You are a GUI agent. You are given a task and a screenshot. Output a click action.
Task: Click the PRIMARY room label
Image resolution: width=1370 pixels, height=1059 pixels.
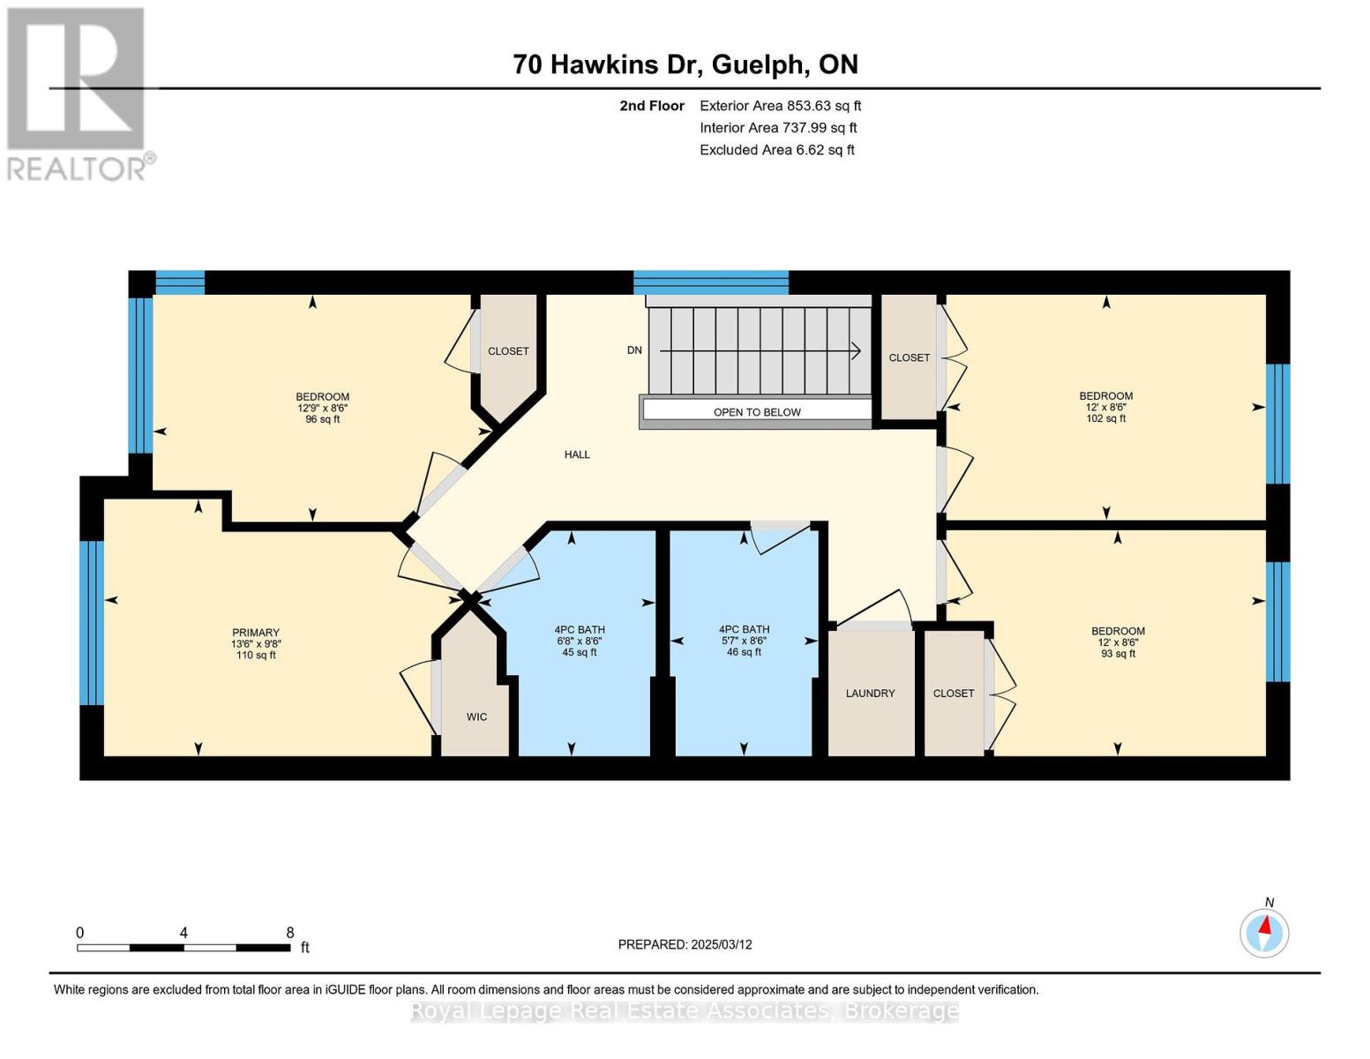[x=256, y=633]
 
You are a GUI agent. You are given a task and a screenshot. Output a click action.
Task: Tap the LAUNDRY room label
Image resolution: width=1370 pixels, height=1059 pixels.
[x=870, y=694]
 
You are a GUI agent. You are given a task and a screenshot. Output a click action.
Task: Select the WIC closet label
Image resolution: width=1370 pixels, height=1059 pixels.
[x=476, y=717]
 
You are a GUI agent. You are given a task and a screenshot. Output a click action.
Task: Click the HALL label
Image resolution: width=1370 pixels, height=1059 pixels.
[x=577, y=454]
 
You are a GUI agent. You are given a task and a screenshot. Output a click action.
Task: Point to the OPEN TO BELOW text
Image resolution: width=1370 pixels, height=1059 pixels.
[x=757, y=412]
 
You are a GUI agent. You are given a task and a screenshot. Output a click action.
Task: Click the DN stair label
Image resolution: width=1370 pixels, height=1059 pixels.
[x=634, y=350]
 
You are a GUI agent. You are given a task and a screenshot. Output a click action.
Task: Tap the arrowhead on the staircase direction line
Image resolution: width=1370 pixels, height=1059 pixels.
[x=856, y=351]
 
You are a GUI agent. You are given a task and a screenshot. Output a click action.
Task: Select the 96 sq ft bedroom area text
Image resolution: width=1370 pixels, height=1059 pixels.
[x=323, y=420]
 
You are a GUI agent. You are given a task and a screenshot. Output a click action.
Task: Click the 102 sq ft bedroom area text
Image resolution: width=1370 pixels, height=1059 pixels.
[x=1105, y=419]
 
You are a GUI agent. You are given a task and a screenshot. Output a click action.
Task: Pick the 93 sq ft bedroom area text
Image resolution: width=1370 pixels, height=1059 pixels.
[x=1118, y=654]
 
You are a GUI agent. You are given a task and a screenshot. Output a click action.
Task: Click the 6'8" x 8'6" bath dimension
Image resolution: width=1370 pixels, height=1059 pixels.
[x=580, y=642]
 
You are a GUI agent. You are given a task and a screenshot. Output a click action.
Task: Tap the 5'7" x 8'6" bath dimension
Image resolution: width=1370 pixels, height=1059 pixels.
[x=744, y=642]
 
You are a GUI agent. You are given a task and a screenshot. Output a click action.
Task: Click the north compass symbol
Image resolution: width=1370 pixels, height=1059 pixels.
[x=1264, y=932]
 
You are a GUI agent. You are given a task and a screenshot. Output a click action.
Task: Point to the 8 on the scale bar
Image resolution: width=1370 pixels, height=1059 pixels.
[x=289, y=933]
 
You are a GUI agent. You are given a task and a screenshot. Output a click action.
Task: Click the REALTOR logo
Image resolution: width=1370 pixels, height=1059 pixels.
[x=78, y=93]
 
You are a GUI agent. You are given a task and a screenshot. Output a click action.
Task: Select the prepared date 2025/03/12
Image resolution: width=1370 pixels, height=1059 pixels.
[x=685, y=944]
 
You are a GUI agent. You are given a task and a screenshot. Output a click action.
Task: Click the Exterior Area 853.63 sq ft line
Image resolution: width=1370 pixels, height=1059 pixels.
[x=780, y=106]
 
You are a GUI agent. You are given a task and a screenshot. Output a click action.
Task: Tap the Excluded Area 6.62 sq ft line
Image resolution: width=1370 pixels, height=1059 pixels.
[x=776, y=150]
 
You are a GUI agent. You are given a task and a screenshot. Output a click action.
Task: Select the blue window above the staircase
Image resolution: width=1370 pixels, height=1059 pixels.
[x=711, y=282]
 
